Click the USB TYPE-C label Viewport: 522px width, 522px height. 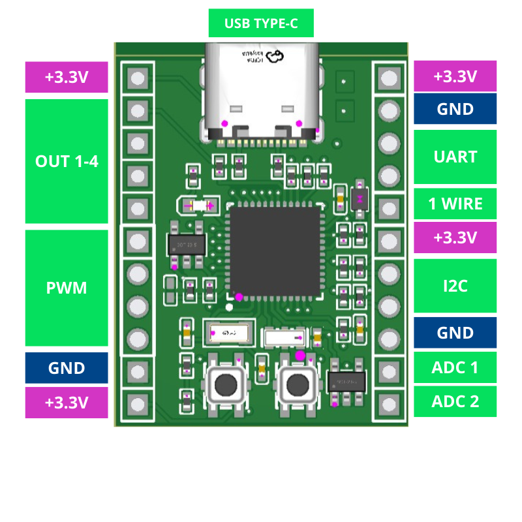(261, 23)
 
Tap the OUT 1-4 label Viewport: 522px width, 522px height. (67, 161)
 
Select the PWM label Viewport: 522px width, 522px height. (67, 288)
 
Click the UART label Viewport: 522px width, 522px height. (455, 157)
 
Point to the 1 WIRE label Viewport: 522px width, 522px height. (455, 204)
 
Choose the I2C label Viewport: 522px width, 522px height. (455, 286)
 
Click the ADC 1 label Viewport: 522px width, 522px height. (455, 367)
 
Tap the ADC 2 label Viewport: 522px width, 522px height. (455, 401)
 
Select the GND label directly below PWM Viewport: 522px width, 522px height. (67, 368)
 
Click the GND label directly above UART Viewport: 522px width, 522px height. (455, 108)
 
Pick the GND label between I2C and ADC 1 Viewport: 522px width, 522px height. (455, 333)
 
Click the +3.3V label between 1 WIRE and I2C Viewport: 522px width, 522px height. (455, 238)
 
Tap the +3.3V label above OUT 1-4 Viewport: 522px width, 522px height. (67, 77)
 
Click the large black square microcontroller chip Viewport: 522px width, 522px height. (275, 251)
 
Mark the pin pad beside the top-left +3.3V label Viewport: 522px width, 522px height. (138, 79)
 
